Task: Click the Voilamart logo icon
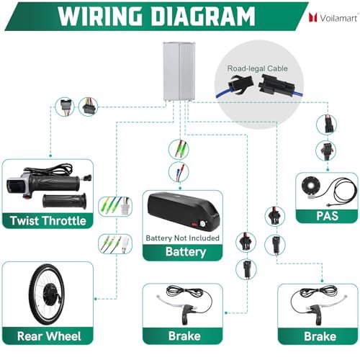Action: (313, 17)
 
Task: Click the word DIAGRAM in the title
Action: (203, 17)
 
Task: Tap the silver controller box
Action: (179, 71)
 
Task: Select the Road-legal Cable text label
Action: (257, 68)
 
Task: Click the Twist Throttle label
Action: (48, 220)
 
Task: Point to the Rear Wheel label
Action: (49, 336)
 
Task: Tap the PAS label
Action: (327, 216)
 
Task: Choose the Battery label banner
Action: (183, 252)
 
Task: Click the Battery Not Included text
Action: (182, 238)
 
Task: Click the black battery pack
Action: (184, 211)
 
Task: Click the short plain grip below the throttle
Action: (64, 201)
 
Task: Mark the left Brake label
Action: (184, 336)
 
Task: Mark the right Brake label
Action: (320, 336)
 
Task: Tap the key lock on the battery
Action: (202, 224)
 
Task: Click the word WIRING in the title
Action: (101, 17)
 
